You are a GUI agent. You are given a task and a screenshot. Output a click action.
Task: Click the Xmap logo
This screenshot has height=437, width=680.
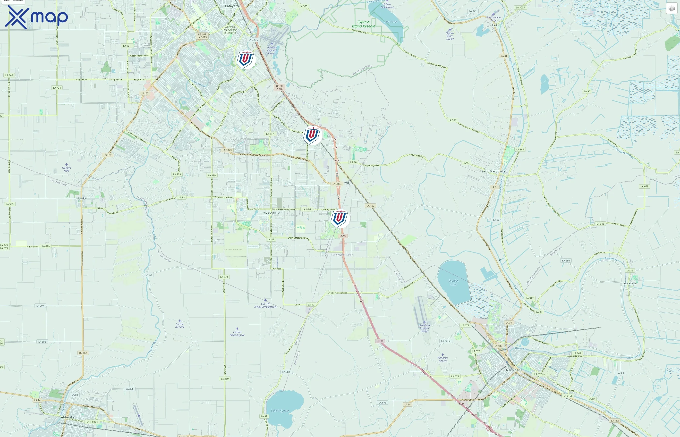tap(36, 17)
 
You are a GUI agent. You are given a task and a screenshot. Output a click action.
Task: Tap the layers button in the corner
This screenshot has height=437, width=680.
tap(671, 8)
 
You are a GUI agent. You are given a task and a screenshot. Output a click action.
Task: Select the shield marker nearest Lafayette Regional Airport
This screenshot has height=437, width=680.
tap(246, 59)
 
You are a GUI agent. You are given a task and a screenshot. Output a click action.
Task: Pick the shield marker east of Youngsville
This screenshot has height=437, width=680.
tap(340, 218)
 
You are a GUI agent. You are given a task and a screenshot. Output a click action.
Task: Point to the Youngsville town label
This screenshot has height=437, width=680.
tap(271, 213)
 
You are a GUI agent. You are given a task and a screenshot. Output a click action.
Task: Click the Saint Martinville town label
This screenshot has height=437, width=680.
tap(493, 171)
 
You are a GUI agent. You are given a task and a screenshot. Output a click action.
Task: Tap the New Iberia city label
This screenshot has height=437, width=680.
tap(514, 370)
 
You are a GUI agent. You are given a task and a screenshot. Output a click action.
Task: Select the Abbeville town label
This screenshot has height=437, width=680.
tap(68, 417)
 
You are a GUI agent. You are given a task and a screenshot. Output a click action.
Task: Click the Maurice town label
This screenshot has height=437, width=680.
tap(81, 199)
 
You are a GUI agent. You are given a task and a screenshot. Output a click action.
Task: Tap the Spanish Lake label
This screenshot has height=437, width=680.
tap(453, 282)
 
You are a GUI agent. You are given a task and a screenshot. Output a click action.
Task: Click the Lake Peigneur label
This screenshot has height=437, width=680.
tap(280, 411)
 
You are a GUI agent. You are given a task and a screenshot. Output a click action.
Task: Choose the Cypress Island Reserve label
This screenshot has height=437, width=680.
tap(363, 24)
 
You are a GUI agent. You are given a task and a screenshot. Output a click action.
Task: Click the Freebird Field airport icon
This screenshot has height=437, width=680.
tap(66, 165)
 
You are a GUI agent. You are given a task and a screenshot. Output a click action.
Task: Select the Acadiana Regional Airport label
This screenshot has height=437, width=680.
tap(425, 328)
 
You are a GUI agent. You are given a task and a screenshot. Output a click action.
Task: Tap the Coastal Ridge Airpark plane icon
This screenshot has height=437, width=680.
tap(237, 329)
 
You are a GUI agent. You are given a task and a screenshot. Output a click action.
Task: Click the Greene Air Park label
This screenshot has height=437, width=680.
tap(179, 326)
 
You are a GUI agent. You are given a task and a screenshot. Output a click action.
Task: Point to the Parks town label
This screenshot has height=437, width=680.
tap(495, 25)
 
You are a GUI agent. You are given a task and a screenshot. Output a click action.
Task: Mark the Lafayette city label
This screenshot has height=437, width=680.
tap(232, 6)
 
